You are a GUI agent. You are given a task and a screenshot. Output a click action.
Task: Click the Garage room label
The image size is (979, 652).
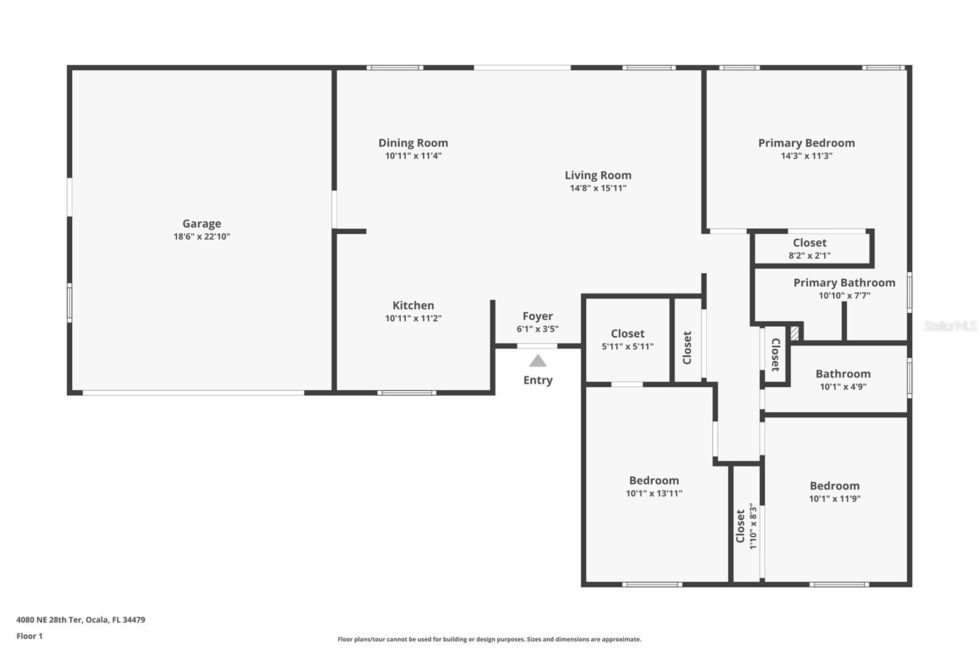pyautogui.click(x=201, y=224)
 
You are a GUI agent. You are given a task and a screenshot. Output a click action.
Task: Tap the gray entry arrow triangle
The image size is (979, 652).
pyautogui.click(x=538, y=361)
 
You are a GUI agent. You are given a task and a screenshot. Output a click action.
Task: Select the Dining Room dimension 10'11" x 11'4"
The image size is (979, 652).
pyautogui.click(x=413, y=156)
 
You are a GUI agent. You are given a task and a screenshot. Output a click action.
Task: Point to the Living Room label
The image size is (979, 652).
pyautogui.click(x=598, y=176)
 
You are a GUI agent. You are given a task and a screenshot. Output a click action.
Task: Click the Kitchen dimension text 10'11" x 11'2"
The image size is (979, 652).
pyautogui.click(x=413, y=319)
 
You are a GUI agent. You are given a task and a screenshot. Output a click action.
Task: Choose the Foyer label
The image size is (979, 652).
pyautogui.click(x=538, y=316)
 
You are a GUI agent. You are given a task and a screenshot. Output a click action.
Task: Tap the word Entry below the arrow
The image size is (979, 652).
pyautogui.click(x=538, y=380)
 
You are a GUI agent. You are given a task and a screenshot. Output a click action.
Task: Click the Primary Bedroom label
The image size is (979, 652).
pyautogui.click(x=806, y=143)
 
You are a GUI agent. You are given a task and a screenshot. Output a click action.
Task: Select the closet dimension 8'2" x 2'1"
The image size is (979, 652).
pyautogui.click(x=810, y=256)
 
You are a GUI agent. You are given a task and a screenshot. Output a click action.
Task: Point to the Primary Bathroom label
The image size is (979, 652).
pyautogui.click(x=844, y=283)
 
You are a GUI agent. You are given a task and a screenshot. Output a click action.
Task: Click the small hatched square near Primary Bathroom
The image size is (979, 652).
pyautogui.click(x=795, y=333)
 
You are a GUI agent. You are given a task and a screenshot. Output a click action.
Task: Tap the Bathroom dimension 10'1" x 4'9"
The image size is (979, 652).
pyautogui.click(x=843, y=387)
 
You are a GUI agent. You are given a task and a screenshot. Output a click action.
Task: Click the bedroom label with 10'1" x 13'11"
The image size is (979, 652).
pyautogui.click(x=654, y=481)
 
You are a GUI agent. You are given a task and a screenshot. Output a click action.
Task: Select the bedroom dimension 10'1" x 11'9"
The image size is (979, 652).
pyautogui.click(x=835, y=499)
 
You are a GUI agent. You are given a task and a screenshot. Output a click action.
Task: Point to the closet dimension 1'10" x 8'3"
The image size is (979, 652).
pyautogui.click(x=753, y=526)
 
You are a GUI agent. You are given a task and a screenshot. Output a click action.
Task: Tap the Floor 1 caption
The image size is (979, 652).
pyautogui.click(x=30, y=636)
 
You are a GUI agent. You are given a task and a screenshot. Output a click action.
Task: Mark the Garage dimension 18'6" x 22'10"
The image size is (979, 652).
pyautogui.click(x=201, y=237)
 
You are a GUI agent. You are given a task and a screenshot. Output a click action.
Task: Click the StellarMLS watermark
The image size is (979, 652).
pyautogui.click(x=950, y=326)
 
